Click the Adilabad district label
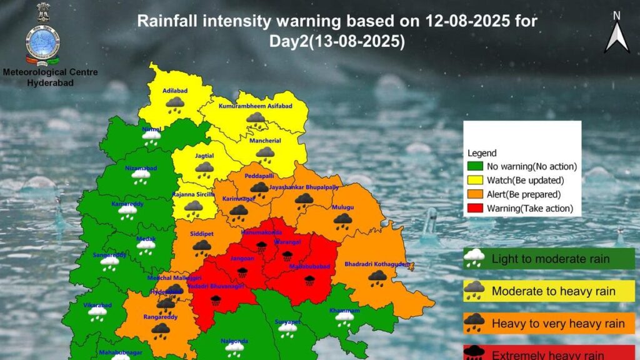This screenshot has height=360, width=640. pos(174,90)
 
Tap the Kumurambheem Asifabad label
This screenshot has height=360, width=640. pos(255,107)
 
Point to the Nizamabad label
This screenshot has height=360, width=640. pos(140,167)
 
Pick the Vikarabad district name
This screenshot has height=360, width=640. pos(97,305)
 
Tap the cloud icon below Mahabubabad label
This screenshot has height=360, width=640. pos(309,281)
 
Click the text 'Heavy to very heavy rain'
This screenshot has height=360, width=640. pos(558,323)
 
